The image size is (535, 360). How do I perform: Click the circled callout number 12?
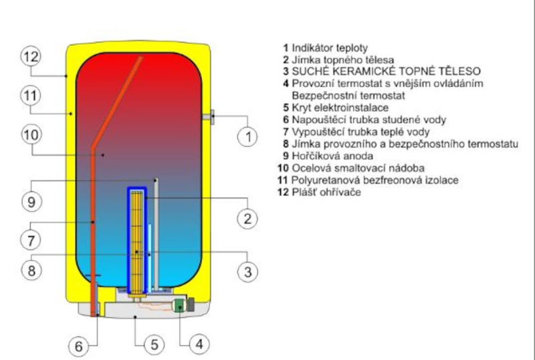coord(31,57)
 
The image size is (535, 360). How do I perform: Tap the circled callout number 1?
coord(247,137)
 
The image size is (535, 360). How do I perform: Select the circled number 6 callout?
coord(79,347)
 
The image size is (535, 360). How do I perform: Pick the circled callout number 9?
coord(31,201)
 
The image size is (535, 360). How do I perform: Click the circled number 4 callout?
coord(199,343)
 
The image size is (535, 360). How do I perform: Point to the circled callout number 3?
coord(247,272)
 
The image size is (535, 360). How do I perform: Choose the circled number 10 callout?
coord(31,134)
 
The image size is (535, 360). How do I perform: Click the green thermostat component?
coord(179,305)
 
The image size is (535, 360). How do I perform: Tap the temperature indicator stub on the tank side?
coord(208,117)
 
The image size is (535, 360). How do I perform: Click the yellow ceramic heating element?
coord(137,243)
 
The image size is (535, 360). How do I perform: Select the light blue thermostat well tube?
coord(149,257)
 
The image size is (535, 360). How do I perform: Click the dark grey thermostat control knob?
coord(191,304)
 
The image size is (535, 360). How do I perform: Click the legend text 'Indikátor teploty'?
coord(330,48)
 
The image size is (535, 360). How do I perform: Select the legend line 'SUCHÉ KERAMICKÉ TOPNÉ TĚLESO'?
coord(387,71)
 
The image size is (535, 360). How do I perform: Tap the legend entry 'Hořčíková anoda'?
coord(332,156)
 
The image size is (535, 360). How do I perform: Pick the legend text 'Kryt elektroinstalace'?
coord(340,108)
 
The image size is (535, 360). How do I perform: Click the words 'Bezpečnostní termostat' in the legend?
coord(348,96)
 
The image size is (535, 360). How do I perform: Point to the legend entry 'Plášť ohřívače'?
coord(326,192)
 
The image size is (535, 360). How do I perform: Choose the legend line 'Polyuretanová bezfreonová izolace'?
coord(374,180)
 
